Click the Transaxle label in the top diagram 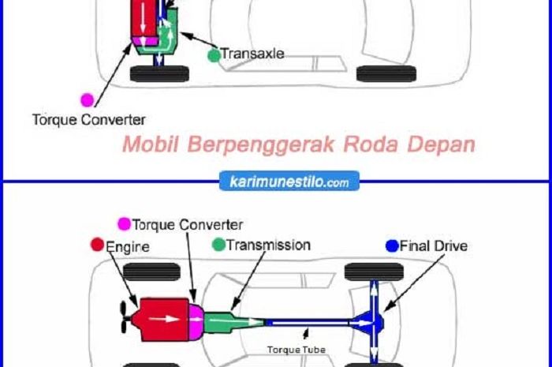point(252,54)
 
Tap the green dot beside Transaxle point(214,55)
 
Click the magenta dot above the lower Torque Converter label point(87,99)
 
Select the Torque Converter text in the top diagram point(88,121)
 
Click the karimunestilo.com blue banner point(288,182)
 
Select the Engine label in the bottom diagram point(128,245)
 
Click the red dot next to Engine point(99,244)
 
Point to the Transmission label point(267,245)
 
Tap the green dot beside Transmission point(218,245)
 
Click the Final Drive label point(434,245)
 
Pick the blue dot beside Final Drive point(392,245)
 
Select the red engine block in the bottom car point(162,319)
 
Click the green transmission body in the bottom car point(226,320)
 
